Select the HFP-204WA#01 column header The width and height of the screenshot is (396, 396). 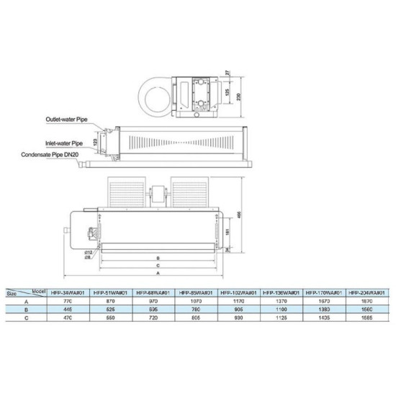(366, 293)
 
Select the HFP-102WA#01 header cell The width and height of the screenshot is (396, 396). (237, 293)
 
